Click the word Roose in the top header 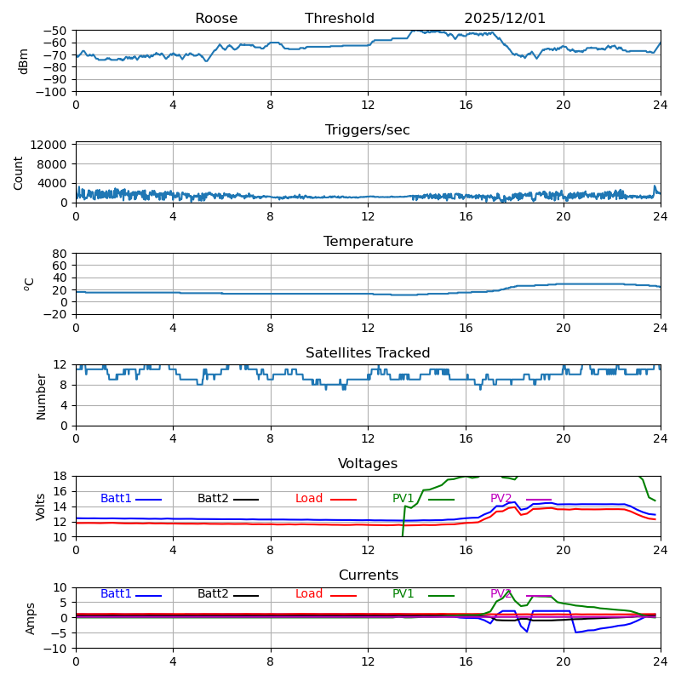coord(216,19)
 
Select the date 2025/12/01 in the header coord(505,19)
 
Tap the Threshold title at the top coord(340,19)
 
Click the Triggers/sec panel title coord(368,130)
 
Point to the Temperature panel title coord(368,242)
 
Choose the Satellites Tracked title coord(368,353)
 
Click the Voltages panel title coord(368,464)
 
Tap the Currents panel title coord(368,575)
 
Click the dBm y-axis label coord(24,61)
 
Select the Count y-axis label coord(19,172)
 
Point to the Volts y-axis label coord(41,506)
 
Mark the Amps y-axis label coord(31,618)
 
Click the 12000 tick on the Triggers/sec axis coord(52,146)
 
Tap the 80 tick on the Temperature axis coord(61,254)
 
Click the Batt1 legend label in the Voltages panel coord(116,499)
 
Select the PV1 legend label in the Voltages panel coord(403,499)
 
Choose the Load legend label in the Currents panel coord(309,594)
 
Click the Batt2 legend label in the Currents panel coord(213,594)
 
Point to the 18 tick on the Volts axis coord(61,476)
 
